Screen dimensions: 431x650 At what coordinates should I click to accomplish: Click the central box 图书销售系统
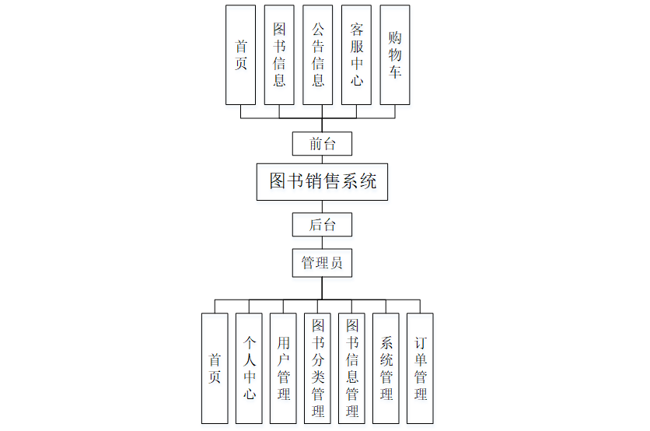tap(322, 181)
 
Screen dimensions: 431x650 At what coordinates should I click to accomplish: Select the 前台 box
tap(322, 144)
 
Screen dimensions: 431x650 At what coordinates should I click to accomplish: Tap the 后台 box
tap(322, 225)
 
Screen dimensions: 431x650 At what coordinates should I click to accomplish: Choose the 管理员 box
tap(322, 263)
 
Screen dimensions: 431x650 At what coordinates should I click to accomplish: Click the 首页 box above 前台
tap(240, 55)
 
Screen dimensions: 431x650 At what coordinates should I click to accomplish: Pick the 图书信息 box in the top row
tap(279, 55)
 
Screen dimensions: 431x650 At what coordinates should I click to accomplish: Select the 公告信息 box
tap(318, 55)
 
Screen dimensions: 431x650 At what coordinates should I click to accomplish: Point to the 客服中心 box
tap(356, 55)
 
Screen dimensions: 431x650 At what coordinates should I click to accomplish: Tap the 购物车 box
tap(395, 55)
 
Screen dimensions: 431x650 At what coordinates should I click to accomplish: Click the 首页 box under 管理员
tap(215, 368)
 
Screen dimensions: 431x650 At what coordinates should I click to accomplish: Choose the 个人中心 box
tap(249, 368)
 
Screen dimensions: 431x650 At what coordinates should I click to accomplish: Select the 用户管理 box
tap(283, 368)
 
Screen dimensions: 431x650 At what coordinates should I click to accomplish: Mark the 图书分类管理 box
tap(317, 368)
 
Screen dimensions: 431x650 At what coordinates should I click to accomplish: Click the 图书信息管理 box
tap(351, 368)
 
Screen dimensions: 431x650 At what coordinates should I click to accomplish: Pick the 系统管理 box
tap(386, 368)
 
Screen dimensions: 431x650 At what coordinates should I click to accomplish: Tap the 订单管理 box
tap(420, 368)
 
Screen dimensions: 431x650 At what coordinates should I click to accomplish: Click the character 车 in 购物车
tap(395, 73)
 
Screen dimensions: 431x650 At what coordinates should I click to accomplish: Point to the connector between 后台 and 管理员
tap(322, 242)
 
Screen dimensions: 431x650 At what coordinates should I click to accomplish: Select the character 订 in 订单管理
tap(420, 343)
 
